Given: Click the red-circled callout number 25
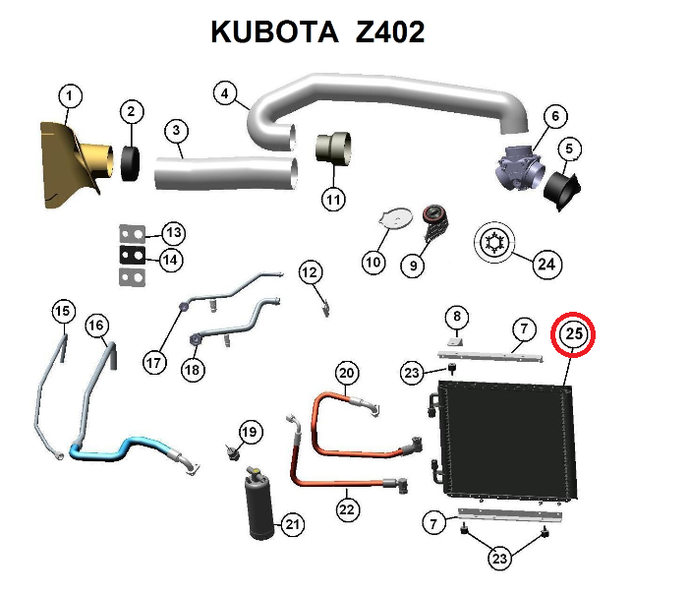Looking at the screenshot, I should coord(575,335).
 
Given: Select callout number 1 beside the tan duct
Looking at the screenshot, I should coord(69,96).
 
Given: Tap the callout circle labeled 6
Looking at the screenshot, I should coord(553,117).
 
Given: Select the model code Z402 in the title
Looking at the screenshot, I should coord(391,32).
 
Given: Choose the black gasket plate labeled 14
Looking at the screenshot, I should coord(131,256).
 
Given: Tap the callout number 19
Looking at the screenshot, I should coord(250,431).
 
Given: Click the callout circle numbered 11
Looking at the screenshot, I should coord(334,200).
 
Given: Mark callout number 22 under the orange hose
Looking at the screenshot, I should coord(346,509).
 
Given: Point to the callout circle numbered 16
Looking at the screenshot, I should coord(95,326).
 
